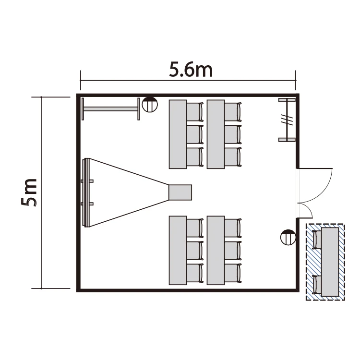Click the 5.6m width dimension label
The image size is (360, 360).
click(x=191, y=69)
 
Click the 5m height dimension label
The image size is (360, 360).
click(x=29, y=192)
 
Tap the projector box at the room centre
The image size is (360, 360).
click(x=180, y=192)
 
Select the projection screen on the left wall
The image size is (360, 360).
click(x=87, y=192)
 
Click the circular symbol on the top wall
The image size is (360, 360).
click(x=150, y=105)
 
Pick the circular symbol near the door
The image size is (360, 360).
click(x=288, y=237)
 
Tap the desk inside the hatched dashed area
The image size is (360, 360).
click(x=330, y=262)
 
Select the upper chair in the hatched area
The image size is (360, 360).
click(x=317, y=240)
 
